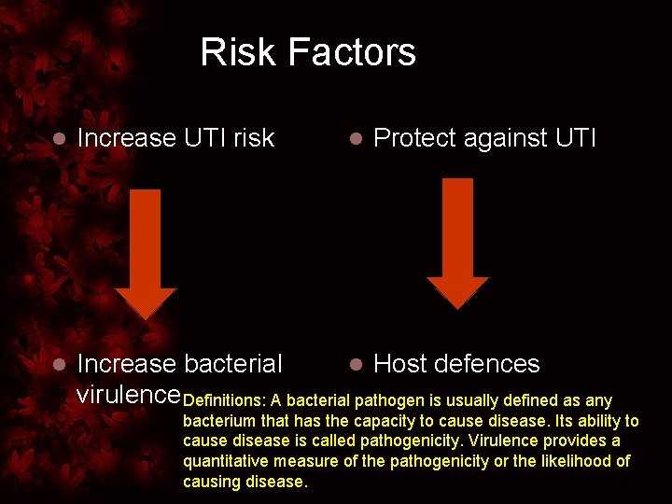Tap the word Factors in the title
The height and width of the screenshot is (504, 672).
[x=353, y=52]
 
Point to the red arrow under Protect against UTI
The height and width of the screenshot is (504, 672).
[x=457, y=243]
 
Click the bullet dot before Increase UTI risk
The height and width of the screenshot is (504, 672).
[x=58, y=139]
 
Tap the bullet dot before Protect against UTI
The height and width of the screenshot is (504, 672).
[x=355, y=139]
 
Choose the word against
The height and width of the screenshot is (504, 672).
[x=505, y=139]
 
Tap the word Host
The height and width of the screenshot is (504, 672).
[x=401, y=364]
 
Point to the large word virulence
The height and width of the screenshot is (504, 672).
[x=127, y=394]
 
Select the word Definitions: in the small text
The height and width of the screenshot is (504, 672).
[x=225, y=401]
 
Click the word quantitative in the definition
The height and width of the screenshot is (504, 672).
[x=228, y=461]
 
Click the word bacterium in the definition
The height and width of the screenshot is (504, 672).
[x=217, y=422]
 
